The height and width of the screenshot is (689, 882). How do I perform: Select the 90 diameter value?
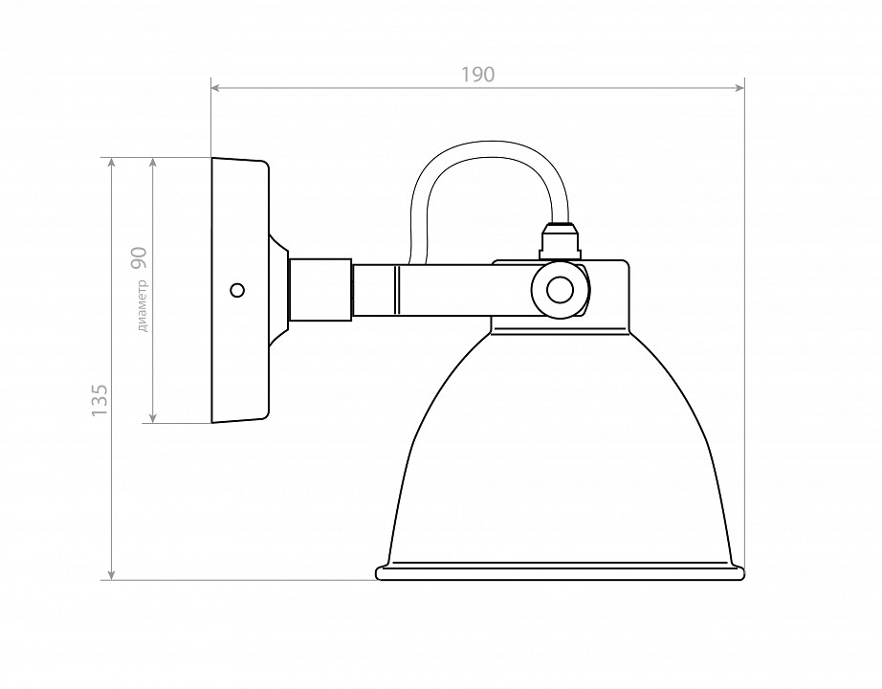(140, 256)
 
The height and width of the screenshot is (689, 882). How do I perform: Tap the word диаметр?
(143, 305)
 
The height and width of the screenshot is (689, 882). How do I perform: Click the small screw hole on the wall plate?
(237, 289)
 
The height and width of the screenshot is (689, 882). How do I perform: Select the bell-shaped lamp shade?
(560, 450)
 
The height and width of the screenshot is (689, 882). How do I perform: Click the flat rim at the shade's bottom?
(560, 573)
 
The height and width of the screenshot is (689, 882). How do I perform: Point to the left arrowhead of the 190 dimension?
(216, 88)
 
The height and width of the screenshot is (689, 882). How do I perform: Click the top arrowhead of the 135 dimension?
(113, 163)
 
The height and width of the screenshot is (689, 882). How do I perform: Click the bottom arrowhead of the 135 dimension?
(113, 574)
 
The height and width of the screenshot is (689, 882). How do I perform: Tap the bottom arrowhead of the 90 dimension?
(152, 417)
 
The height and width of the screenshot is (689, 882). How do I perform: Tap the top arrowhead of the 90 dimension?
(152, 163)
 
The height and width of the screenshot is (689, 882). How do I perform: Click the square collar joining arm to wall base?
(320, 288)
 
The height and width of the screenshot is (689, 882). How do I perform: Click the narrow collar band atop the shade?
(561, 326)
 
